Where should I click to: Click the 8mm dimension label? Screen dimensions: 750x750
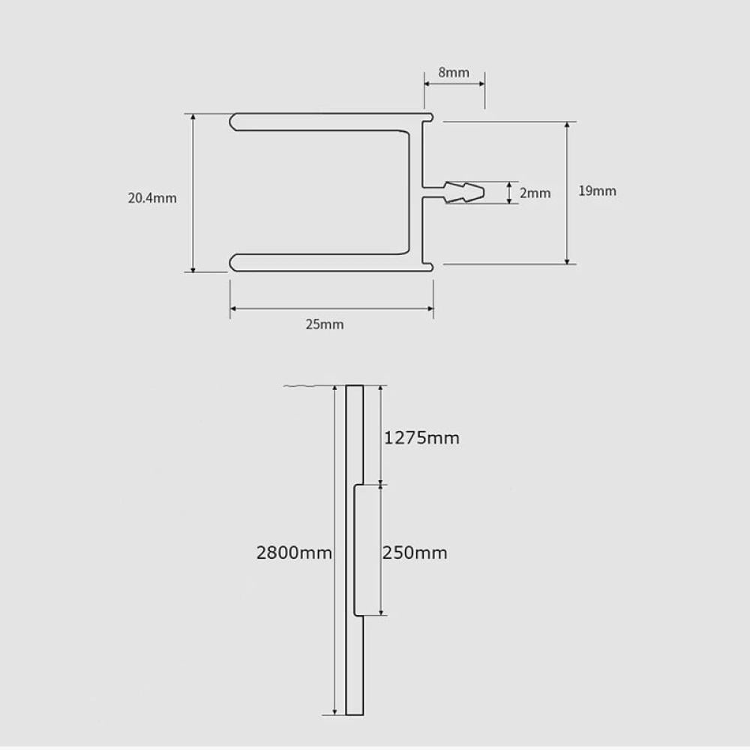[x=453, y=73]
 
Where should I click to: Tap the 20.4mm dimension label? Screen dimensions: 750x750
[x=152, y=199]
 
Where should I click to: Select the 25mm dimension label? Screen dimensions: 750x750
[x=325, y=325]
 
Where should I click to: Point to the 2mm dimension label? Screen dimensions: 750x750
[x=535, y=193]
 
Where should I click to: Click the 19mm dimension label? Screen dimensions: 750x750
[x=597, y=191]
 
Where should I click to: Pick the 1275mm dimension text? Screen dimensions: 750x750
[x=421, y=438]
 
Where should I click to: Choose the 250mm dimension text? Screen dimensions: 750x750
[x=415, y=553]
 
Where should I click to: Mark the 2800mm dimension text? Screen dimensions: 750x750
[x=293, y=553]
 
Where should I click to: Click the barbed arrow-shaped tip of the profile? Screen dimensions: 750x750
[x=465, y=192]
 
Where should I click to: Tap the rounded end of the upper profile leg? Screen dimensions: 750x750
[x=234, y=121]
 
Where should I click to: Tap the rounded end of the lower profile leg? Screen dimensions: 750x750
[x=234, y=261]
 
